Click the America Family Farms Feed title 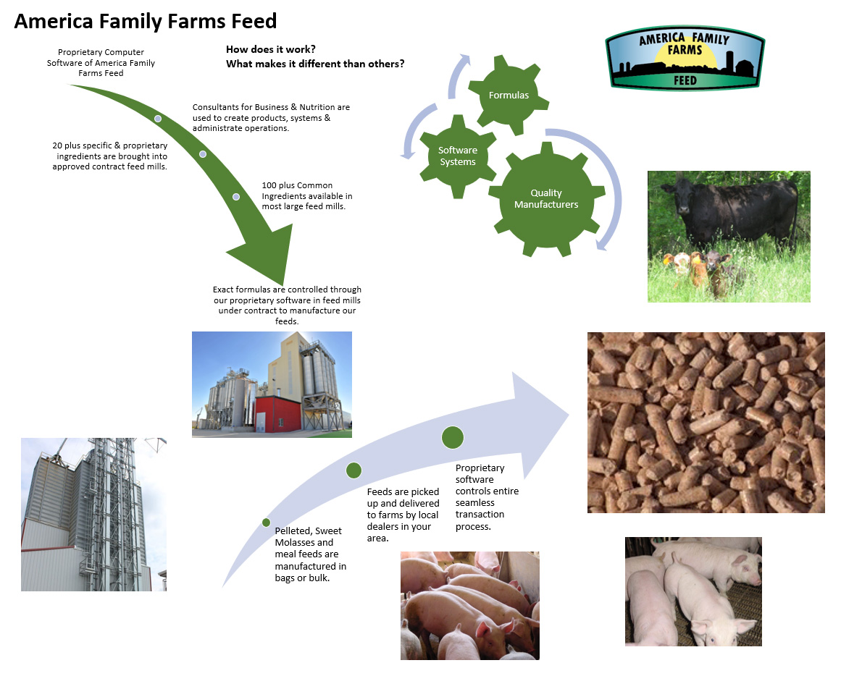pos(146,22)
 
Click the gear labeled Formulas pos(509,95)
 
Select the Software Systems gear pos(458,156)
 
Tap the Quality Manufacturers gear pos(547,199)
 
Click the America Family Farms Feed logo pos(685,58)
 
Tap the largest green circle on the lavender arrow pos(453,437)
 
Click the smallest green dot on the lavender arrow pos(266,522)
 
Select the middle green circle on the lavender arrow pos(353,470)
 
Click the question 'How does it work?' pos(270,49)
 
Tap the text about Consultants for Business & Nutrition pos(271,117)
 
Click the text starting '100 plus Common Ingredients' pos(307,195)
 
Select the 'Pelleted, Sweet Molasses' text pos(311,554)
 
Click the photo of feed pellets pos(706,423)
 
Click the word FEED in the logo pos(685,80)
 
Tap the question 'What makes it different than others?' pos(315,64)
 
